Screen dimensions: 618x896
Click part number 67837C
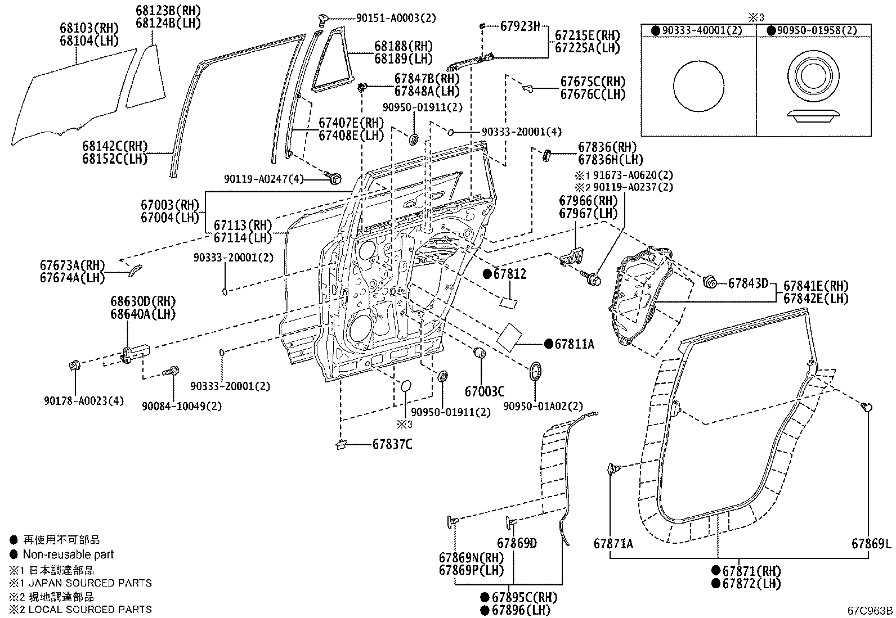point(392,444)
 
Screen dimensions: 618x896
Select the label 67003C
point(485,391)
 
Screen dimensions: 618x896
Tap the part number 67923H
point(519,26)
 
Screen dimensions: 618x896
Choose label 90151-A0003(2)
point(396,17)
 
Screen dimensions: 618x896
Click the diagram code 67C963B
point(870,611)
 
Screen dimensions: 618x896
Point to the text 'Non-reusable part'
point(68,554)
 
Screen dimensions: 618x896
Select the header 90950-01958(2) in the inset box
point(817,31)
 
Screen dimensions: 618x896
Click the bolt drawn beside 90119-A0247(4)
point(333,178)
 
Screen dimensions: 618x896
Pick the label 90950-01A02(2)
point(543,405)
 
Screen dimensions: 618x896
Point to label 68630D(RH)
point(143,301)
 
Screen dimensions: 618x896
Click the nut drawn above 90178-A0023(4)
point(74,366)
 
